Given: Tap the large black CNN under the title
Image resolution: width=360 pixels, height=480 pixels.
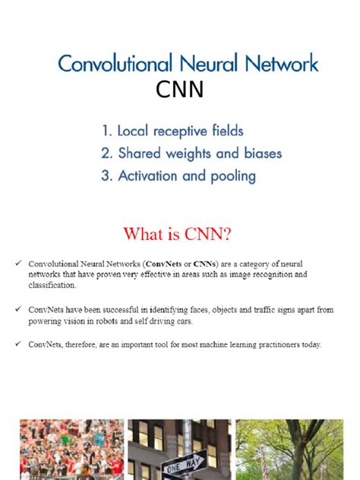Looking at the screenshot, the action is point(180,90).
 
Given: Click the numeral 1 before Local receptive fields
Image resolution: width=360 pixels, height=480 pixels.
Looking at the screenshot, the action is point(105,131).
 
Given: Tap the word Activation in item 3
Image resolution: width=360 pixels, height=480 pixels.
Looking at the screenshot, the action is point(150,176).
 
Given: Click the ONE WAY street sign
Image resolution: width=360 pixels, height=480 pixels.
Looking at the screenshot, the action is point(183,461).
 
